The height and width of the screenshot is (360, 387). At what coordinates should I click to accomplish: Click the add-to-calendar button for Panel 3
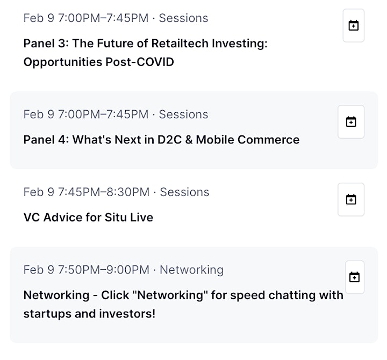(x=354, y=25)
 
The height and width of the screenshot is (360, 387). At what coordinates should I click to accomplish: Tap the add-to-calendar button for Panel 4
(x=351, y=121)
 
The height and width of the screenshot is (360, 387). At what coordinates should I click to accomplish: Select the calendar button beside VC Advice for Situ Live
(x=351, y=199)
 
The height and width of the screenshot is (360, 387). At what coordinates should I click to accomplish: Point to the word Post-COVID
(x=140, y=62)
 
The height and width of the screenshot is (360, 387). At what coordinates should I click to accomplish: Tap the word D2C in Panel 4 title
(x=169, y=140)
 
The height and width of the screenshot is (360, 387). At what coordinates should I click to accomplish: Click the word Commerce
(x=269, y=140)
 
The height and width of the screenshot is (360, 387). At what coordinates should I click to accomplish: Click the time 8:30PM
(x=128, y=192)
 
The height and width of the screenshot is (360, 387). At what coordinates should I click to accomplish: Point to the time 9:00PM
(x=128, y=270)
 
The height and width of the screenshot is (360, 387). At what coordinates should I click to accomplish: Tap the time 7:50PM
(x=79, y=270)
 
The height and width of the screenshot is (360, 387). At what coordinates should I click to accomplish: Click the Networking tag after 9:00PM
(x=191, y=270)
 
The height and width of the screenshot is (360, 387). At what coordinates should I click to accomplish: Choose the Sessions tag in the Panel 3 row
(x=184, y=18)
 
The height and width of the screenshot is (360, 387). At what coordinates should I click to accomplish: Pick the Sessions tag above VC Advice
(x=184, y=192)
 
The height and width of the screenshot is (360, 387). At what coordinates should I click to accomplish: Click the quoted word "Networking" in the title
(x=170, y=295)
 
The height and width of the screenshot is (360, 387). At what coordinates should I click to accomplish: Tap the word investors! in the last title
(x=127, y=314)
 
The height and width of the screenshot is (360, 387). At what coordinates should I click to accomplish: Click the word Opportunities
(x=63, y=62)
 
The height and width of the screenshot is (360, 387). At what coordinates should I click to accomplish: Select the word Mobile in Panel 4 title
(x=215, y=140)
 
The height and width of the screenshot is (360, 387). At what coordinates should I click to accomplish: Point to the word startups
(x=47, y=314)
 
